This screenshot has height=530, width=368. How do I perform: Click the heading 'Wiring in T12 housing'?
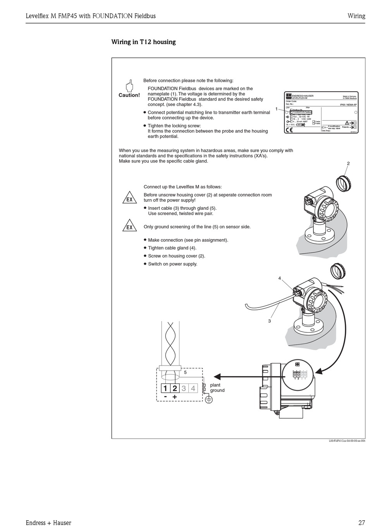143,42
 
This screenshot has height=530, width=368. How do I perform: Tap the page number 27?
361,523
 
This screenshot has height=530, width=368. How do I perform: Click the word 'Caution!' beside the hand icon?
129,95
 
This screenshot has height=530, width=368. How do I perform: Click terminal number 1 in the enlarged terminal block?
165,388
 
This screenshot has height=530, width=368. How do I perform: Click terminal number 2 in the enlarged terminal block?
175,388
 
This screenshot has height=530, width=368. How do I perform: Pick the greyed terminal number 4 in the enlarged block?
193,388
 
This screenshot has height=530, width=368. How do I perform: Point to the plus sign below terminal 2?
175,397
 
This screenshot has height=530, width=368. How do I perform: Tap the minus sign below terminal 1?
165,397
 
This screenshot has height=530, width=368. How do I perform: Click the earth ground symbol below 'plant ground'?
208,400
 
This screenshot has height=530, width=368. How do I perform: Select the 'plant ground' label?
217,388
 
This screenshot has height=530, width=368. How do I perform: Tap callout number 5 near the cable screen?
185,372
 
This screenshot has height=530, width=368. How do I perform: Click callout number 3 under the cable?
270,321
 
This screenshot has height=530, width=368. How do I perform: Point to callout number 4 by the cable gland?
279,278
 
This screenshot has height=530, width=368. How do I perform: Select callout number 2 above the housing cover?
348,164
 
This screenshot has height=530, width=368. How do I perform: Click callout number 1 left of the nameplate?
277,109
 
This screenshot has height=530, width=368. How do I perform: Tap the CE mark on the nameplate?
289,130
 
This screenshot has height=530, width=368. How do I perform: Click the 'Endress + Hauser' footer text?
48,523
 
